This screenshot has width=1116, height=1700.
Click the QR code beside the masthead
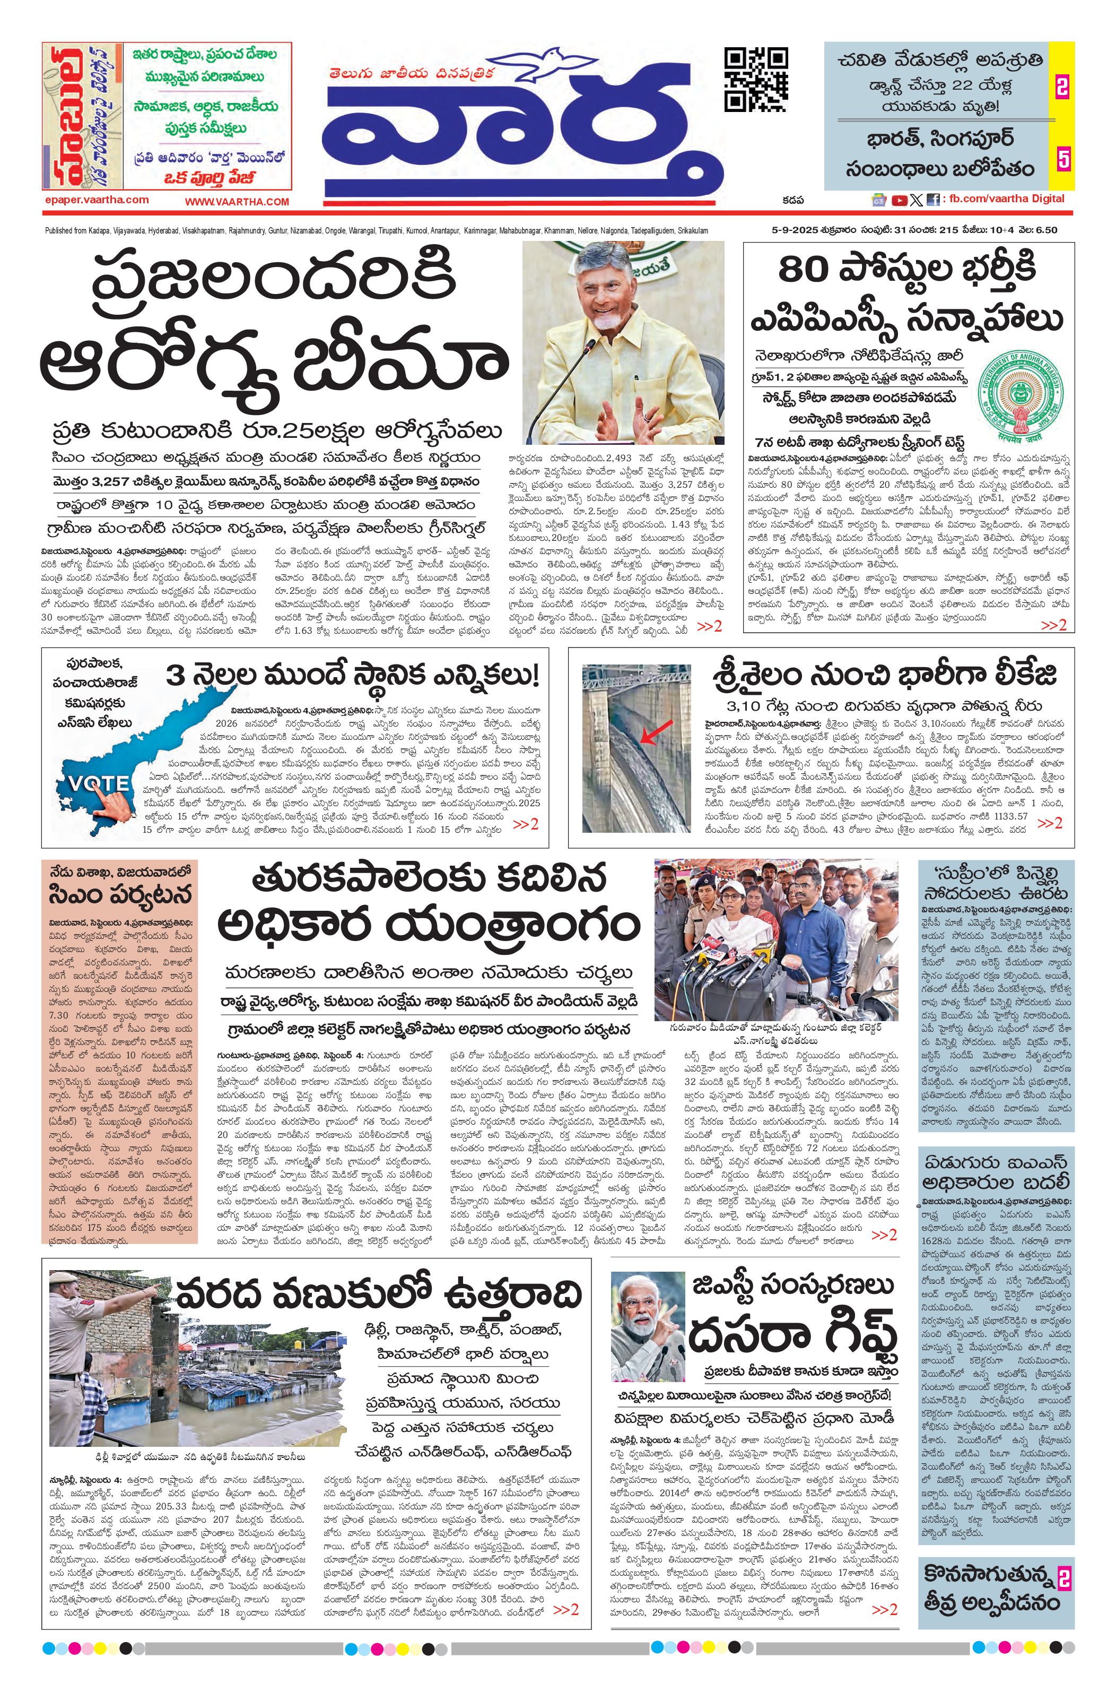tap(756, 79)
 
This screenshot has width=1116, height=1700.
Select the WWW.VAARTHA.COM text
tap(237, 202)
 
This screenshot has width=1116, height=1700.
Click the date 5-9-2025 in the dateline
tap(797, 230)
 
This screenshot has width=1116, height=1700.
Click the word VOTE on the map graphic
tap(99, 783)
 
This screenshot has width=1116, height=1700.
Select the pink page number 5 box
tap(1062, 159)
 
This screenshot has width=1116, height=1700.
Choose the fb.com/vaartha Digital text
tap(1007, 199)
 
